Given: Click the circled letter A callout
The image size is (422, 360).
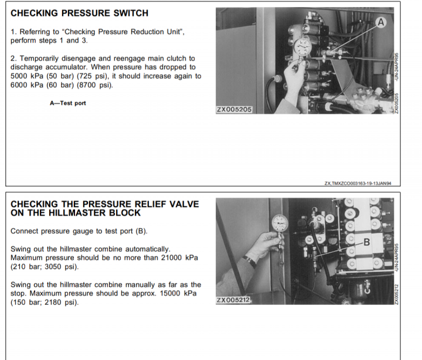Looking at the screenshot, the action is click(x=380, y=22).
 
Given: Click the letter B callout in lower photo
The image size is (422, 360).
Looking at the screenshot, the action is click(x=366, y=242).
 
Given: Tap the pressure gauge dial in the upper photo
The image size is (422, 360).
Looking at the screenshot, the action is click(x=302, y=46).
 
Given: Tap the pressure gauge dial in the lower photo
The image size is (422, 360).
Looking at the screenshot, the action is click(x=280, y=223).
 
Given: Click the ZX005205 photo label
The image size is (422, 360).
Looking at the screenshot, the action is click(x=234, y=110).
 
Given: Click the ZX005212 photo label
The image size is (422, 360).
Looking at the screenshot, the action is click(x=233, y=300).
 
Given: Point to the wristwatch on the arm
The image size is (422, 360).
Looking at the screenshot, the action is click(x=250, y=261).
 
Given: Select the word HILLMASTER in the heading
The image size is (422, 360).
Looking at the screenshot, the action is click(x=77, y=213).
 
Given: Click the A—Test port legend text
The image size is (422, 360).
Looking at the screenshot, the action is click(x=68, y=103).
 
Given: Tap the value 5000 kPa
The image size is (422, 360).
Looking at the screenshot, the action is click(x=26, y=76).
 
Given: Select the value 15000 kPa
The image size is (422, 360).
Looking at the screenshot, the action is click(x=178, y=293).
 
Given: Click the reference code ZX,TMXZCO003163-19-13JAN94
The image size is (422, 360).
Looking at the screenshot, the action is click(x=358, y=184).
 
